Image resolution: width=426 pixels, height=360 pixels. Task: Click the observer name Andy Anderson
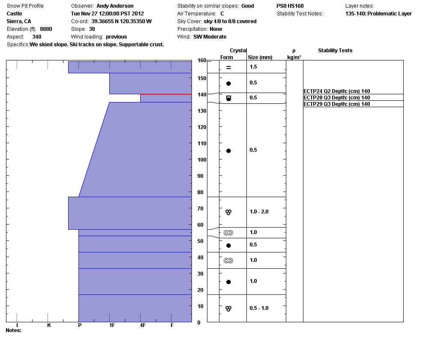pyautogui.click(x=115, y=6)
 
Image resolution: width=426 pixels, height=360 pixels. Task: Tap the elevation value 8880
pyautogui.click(x=46, y=29)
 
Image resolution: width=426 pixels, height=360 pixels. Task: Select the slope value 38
pyautogui.click(x=92, y=29)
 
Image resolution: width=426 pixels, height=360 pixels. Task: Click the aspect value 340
pyautogui.click(x=37, y=37)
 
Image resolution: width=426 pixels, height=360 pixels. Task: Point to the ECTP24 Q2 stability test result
pyautogui.click(x=336, y=91)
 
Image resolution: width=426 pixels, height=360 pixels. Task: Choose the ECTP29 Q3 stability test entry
pyautogui.click(x=336, y=104)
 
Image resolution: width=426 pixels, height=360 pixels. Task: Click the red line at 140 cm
pyautogui.click(x=166, y=94)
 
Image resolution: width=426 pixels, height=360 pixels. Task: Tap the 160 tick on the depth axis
pyautogui.click(x=202, y=61)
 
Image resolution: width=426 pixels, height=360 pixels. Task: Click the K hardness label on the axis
pyautogui.click(x=49, y=325)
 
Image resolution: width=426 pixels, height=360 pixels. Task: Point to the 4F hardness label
pyautogui.click(x=143, y=325)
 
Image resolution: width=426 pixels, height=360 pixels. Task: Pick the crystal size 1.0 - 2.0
pyautogui.click(x=259, y=212)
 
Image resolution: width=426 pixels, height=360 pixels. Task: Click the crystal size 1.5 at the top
pyautogui.click(x=253, y=67)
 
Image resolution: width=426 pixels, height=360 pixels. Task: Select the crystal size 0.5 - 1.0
pyautogui.click(x=259, y=308)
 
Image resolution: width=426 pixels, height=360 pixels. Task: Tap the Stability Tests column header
pyautogui.click(x=335, y=51)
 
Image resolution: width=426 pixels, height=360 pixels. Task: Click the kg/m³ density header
pyautogui.click(x=294, y=57)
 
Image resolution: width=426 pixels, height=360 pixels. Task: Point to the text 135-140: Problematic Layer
pyautogui.click(x=378, y=14)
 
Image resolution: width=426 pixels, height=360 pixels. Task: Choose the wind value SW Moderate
pyautogui.click(x=210, y=37)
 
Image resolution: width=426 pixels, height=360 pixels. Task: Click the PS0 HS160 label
pyautogui.click(x=290, y=6)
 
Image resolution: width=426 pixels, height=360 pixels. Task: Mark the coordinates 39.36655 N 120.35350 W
pyautogui.click(x=121, y=21)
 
